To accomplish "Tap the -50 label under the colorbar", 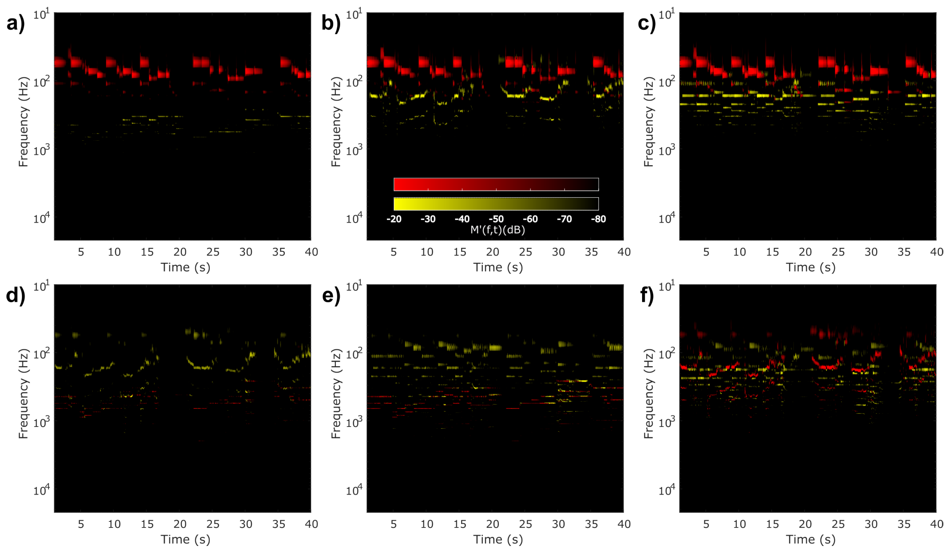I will coord(496,219).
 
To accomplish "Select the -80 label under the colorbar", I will coord(598,219).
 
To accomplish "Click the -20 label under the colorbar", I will coord(394,219).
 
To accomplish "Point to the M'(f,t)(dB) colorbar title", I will coord(498,230).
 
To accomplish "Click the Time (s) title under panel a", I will coord(185,267).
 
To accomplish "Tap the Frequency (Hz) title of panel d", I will coord(23,394).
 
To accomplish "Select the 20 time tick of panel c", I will coord(805,252).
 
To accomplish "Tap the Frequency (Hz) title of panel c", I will coord(649,122).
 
